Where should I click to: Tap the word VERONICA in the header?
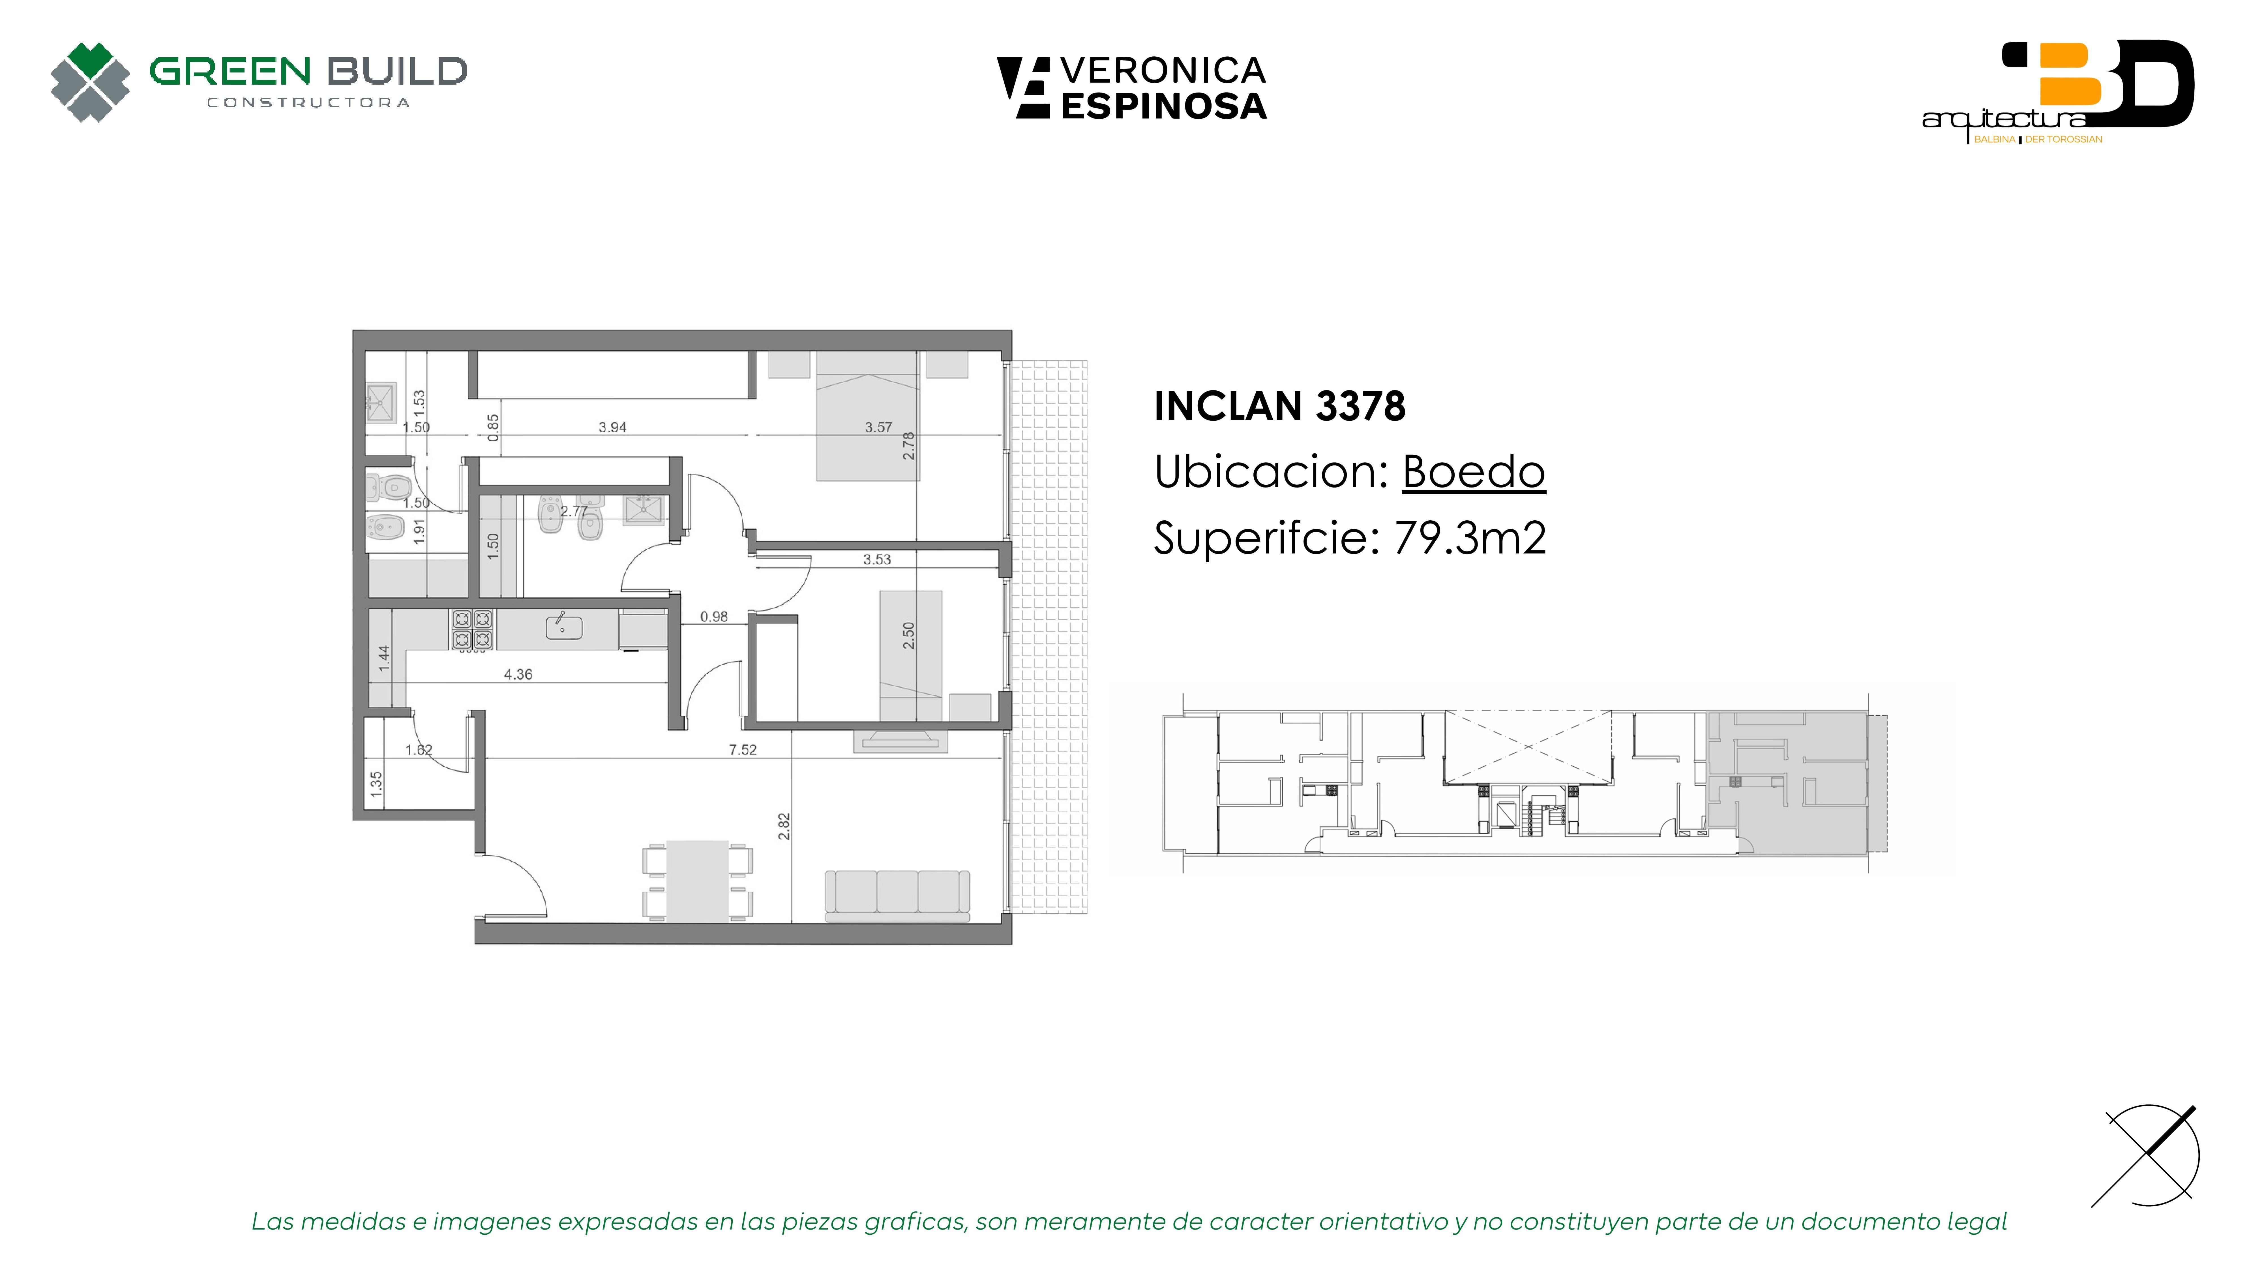(1163, 70)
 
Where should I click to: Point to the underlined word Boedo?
(1473, 472)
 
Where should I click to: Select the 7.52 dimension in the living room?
(743, 750)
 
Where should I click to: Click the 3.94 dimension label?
(613, 427)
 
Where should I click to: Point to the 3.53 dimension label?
(877, 559)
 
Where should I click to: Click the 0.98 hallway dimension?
(714, 617)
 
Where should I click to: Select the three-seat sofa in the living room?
(897, 896)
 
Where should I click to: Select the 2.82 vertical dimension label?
(784, 826)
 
